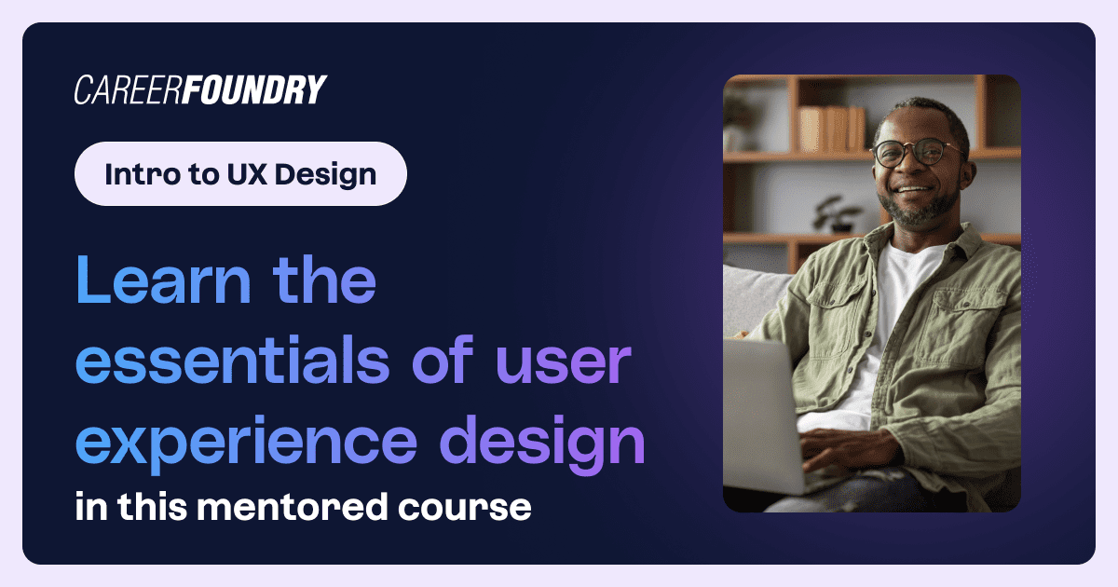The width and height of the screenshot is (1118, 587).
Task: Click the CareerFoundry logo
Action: pos(200,89)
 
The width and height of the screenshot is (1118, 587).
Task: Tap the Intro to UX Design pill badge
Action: pos(240,174)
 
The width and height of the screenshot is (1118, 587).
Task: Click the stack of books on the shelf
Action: pos(832,129)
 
